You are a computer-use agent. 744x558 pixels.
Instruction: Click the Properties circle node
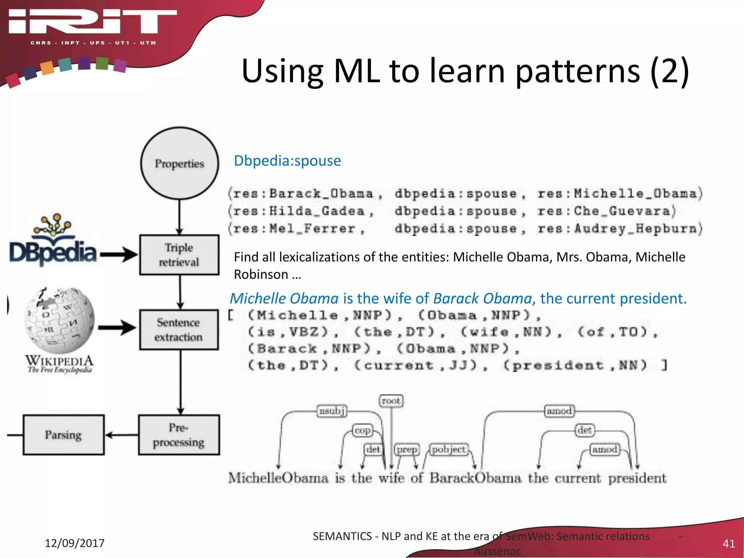point(179,163)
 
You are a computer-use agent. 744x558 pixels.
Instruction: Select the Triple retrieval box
point(179,255)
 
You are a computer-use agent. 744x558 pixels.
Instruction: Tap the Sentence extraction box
point(179,329)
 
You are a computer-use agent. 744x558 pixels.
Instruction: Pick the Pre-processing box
point(179,435)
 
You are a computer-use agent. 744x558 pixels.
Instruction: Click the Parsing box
point(64,435)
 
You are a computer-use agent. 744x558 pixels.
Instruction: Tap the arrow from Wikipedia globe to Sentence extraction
point(117,328)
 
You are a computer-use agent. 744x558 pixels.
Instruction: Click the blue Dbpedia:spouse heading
point(287,161)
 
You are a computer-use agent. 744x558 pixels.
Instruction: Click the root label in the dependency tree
point(391,401)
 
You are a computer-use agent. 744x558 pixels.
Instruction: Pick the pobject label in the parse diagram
point(449,450)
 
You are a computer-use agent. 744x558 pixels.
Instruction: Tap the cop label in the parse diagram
point(363,430)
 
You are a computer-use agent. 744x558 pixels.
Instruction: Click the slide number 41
point(728,543)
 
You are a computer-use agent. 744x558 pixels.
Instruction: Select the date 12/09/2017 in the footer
point(74,543)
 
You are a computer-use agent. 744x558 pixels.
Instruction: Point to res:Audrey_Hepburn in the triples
point(619,229)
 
